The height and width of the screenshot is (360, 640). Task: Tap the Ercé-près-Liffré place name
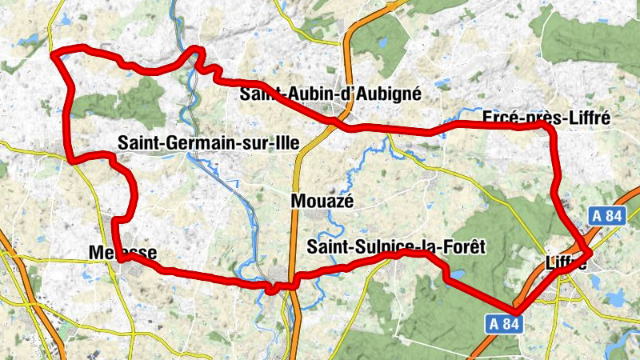coord(546,118)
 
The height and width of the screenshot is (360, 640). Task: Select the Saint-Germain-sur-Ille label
coord(207,143)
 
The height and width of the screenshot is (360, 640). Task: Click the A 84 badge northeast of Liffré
coord(607,216)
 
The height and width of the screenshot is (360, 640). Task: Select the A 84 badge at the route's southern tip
coord(506,323)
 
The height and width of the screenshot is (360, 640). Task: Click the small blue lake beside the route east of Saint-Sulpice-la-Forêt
coord(458,274)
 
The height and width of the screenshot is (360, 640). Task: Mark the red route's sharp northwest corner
coord(54,54)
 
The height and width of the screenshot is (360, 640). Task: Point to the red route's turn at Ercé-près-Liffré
coord(550,128)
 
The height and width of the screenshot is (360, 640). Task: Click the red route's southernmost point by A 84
coord(516,310)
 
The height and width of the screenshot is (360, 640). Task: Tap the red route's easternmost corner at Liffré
coord(590,253)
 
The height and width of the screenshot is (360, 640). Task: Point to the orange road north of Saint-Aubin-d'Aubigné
coord(348,48)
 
